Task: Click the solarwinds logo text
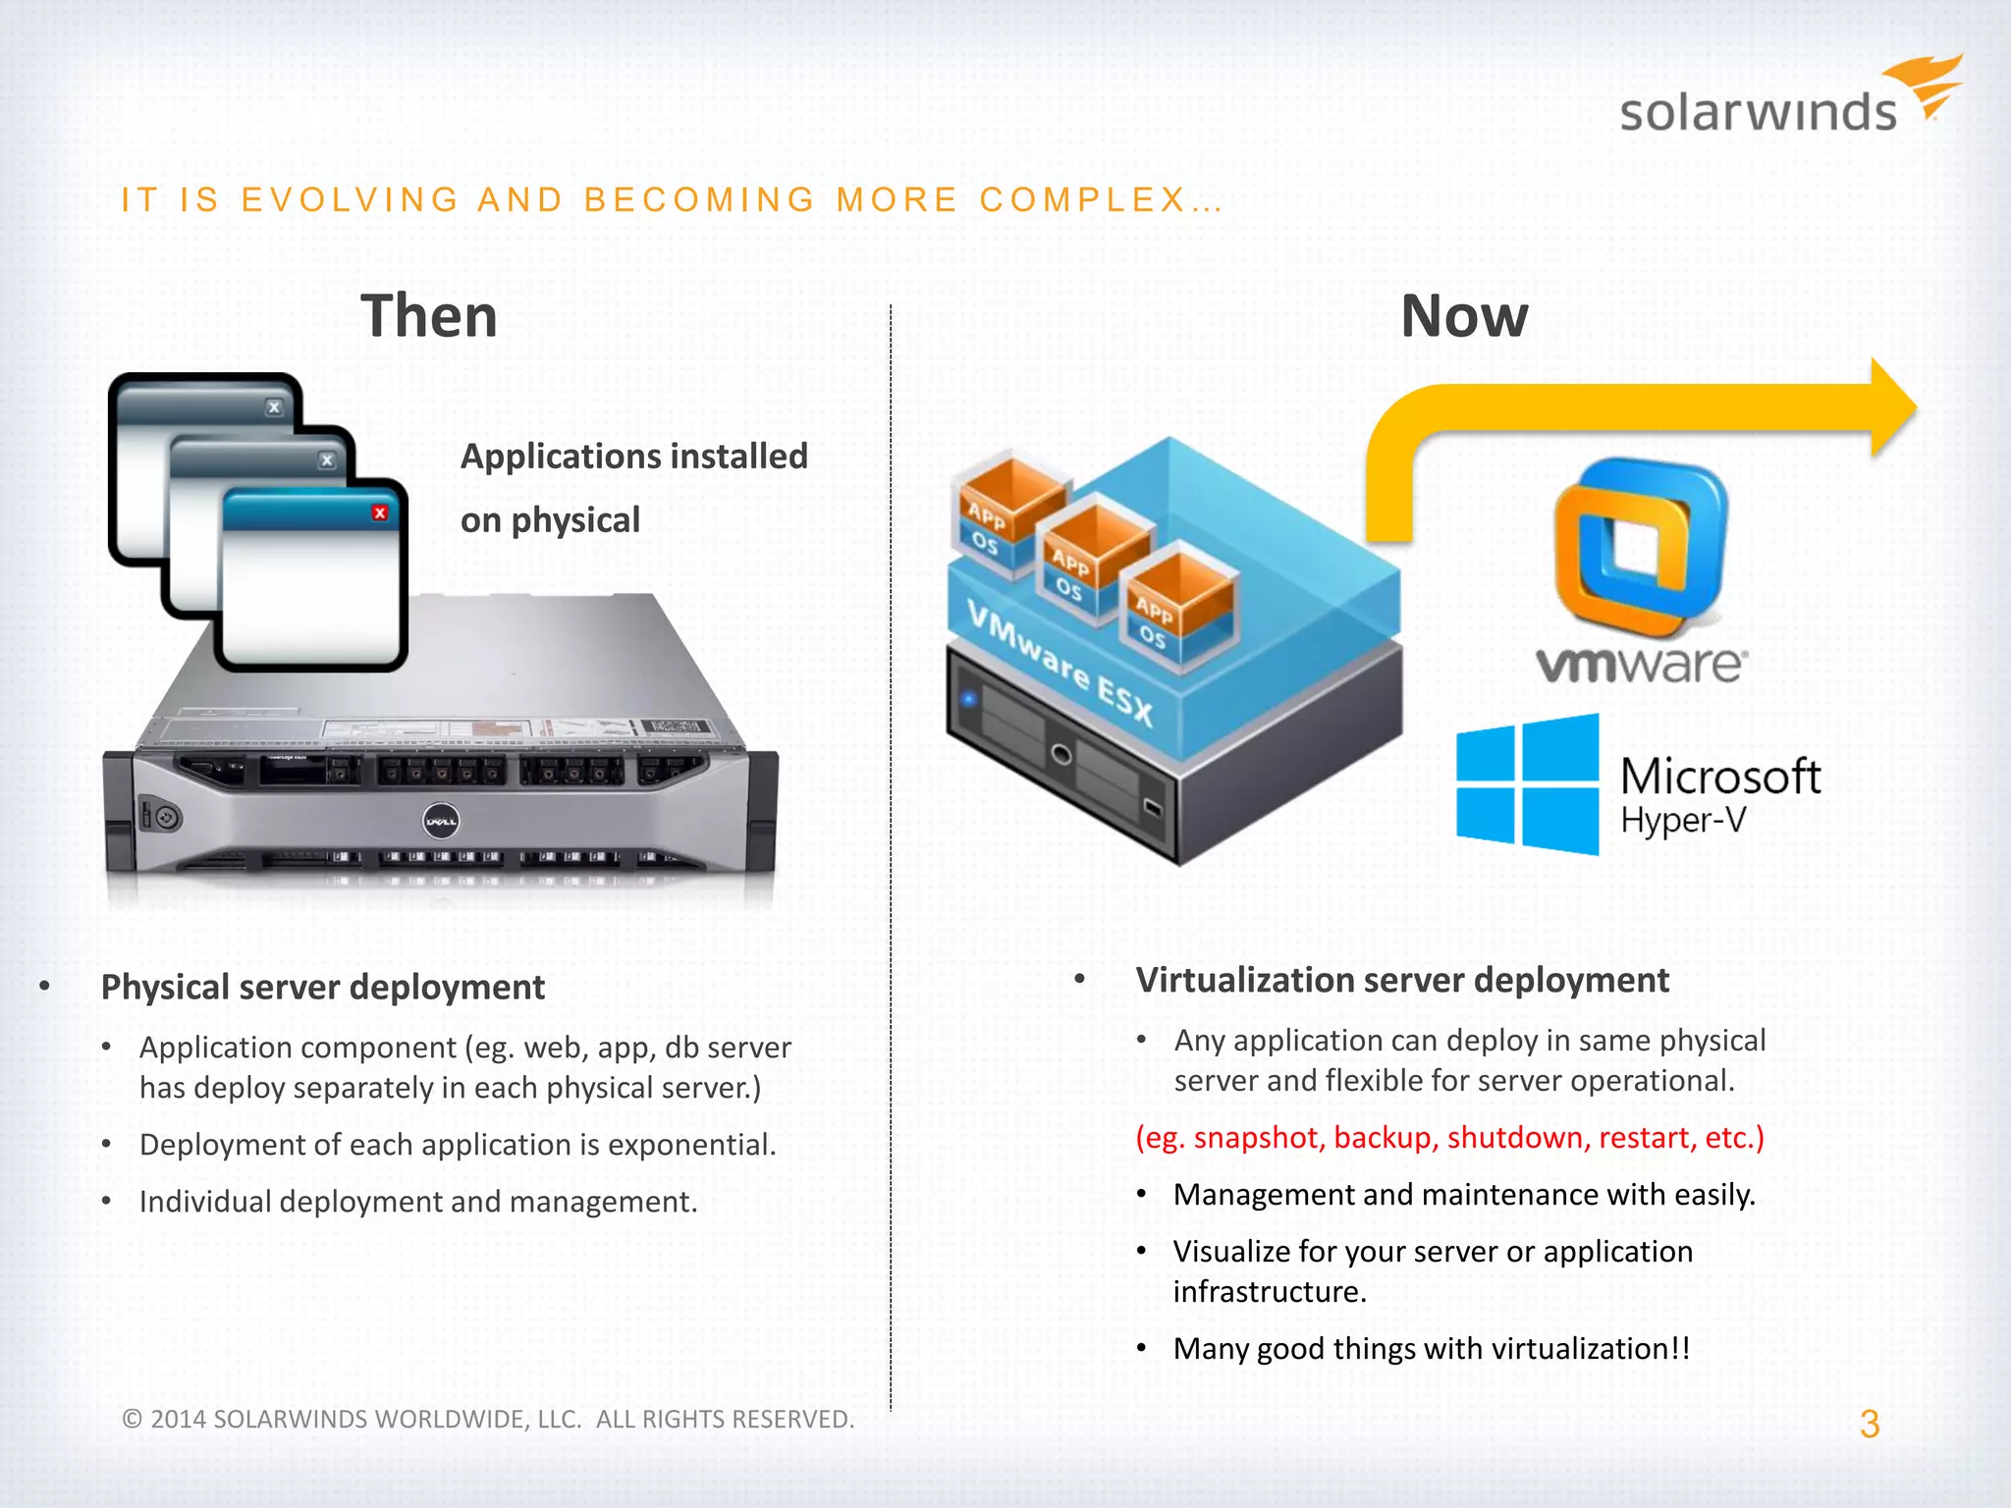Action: point(1758,112)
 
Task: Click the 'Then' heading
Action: point(429,316)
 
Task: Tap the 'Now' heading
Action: point(1464,316)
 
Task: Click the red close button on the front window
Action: point(380,512)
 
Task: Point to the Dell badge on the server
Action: point(440,821)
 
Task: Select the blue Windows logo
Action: point(1528,784)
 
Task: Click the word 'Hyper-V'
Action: point(1683,821)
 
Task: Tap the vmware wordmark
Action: point(1641,665)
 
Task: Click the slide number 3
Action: point(1869,1424)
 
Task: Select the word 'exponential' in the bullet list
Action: point(688,1145)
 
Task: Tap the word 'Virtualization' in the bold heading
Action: point(1235,980)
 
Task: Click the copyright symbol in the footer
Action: point(133,1419)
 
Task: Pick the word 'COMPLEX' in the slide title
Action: point(1083,199)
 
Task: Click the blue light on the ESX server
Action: point(969,698)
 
